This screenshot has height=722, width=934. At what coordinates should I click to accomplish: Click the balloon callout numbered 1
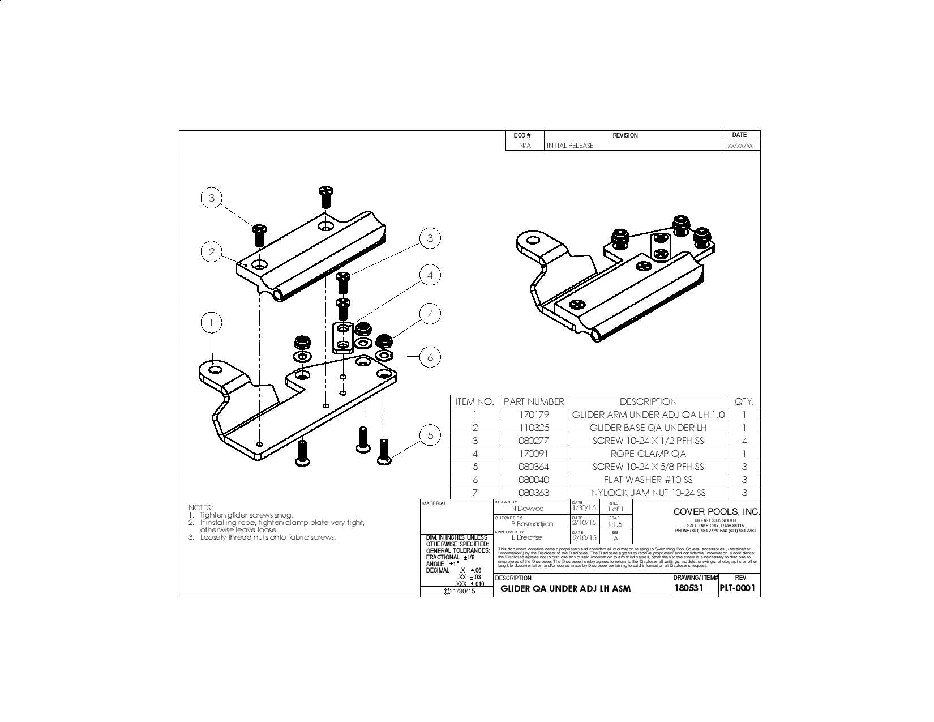point(211,323)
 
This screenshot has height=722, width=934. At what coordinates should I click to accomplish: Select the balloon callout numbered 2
point(211,251)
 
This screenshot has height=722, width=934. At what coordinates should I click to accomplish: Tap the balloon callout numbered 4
point(430,275)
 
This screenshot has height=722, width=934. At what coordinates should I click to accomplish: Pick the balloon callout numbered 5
point(430,435)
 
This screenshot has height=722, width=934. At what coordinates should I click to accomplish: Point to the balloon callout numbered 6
point(430,357)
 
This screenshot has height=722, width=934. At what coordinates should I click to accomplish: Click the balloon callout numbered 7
point(430,313)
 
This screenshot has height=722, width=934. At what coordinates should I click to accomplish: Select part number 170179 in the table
point(534,415)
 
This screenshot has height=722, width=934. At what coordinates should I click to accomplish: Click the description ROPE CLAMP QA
point(648,454)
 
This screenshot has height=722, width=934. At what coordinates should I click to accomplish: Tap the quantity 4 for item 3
point(744,441)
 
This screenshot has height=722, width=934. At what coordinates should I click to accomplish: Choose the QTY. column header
point(744,401)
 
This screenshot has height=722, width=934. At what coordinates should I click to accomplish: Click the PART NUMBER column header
point(534,401)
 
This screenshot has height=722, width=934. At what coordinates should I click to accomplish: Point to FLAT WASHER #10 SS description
point(648,480)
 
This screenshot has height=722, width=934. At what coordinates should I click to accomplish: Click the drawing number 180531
point(688,588)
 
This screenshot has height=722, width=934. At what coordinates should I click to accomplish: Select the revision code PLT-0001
point(738,588)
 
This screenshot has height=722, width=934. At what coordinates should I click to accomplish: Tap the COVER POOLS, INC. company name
point(716,511)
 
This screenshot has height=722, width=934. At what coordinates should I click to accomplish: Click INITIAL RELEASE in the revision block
point(570,146)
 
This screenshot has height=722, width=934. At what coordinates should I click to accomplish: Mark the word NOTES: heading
point(200,507)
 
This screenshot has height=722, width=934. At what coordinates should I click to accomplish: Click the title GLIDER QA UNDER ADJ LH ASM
point(565,589)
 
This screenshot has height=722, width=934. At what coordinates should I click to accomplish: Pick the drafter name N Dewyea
point(527,509)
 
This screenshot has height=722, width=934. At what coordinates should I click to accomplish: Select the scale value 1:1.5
point(615,524)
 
